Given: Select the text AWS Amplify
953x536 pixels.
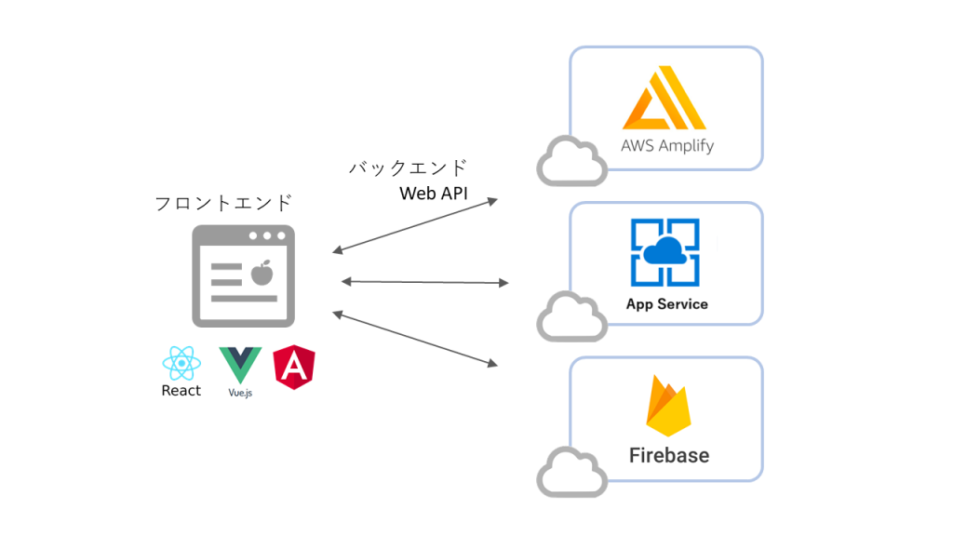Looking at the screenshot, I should (666, 146).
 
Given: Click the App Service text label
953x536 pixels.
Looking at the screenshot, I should (666, 304).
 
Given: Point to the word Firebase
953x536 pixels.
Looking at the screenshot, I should (668, 455).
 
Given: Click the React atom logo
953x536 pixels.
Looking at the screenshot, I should (181, 363).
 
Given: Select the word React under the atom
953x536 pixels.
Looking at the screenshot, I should (181, 391).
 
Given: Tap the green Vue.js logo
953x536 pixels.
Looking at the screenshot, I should (240, 363).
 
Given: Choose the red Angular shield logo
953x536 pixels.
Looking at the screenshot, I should (294, 368).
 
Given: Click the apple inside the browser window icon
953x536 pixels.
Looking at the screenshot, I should (262, 273).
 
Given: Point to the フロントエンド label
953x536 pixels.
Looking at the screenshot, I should (223, 203).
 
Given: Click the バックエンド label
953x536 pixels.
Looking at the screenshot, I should (408, 168).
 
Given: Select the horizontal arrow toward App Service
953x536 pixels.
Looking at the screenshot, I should (424, 281).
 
